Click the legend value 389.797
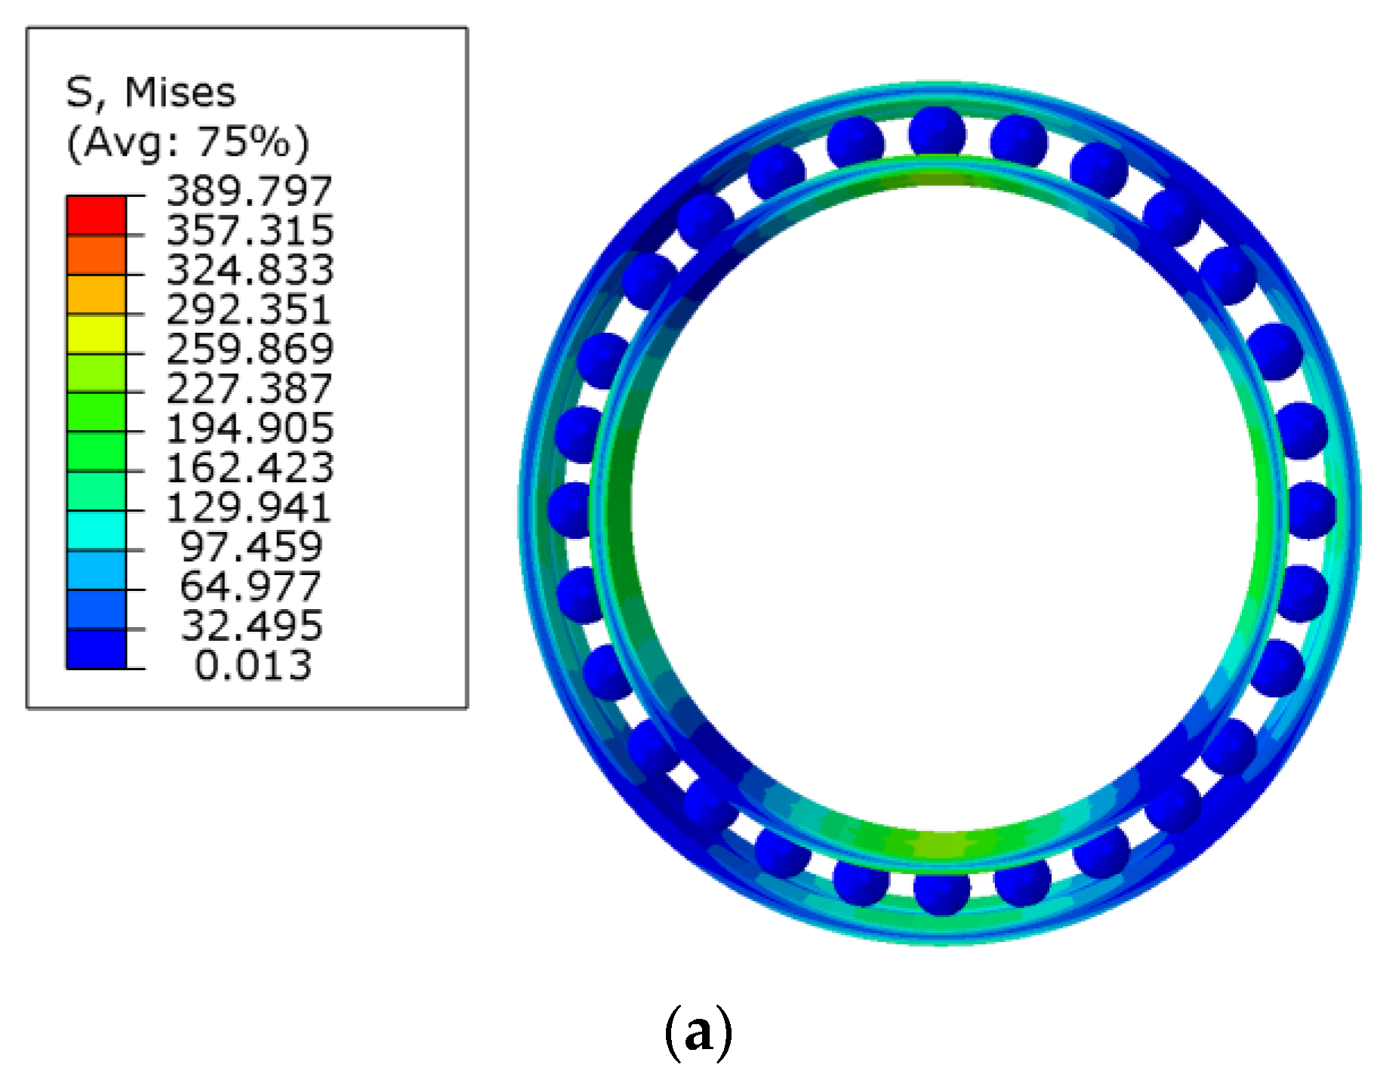(249, 191)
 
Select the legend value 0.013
(253, 666)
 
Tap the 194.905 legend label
(249, 428)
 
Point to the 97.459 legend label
(251, 546)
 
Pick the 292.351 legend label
(249, 309)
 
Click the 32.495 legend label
(251, 626)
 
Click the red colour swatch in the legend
(96, 215)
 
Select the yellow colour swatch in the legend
(96, 334)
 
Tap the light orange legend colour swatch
(96, 294)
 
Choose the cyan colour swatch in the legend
(96, 531)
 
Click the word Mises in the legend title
(180, 93)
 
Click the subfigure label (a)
(698, 1032)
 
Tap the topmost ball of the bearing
(937, 133)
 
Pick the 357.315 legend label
(249, 230)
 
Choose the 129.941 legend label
(249, 507)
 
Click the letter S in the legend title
(79, 93)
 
